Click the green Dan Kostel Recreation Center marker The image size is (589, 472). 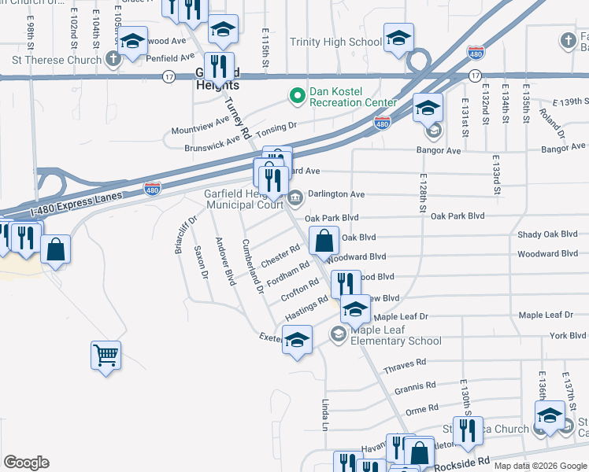coord(297,97)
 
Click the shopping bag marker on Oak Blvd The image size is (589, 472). coord(324,240)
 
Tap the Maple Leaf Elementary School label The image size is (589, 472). coord(396,336)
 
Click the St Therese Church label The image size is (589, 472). coord(57,60)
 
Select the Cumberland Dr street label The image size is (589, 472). coord(253,266)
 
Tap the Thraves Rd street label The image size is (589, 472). coord(404,367)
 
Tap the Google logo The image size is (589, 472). coord(26,463)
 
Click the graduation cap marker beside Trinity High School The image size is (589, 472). coord(398,39)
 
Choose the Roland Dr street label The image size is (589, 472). coord(551,119)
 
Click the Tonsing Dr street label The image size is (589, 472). coord(276,125)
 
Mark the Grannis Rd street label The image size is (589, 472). coord(415,387)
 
